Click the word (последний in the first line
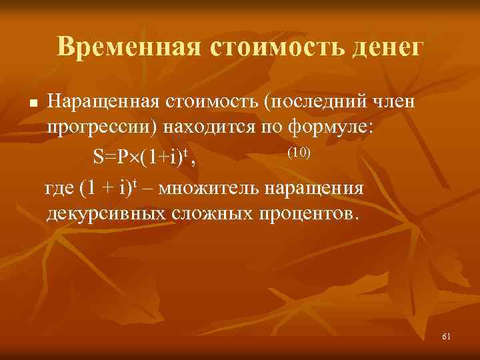306,102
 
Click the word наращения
315,187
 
